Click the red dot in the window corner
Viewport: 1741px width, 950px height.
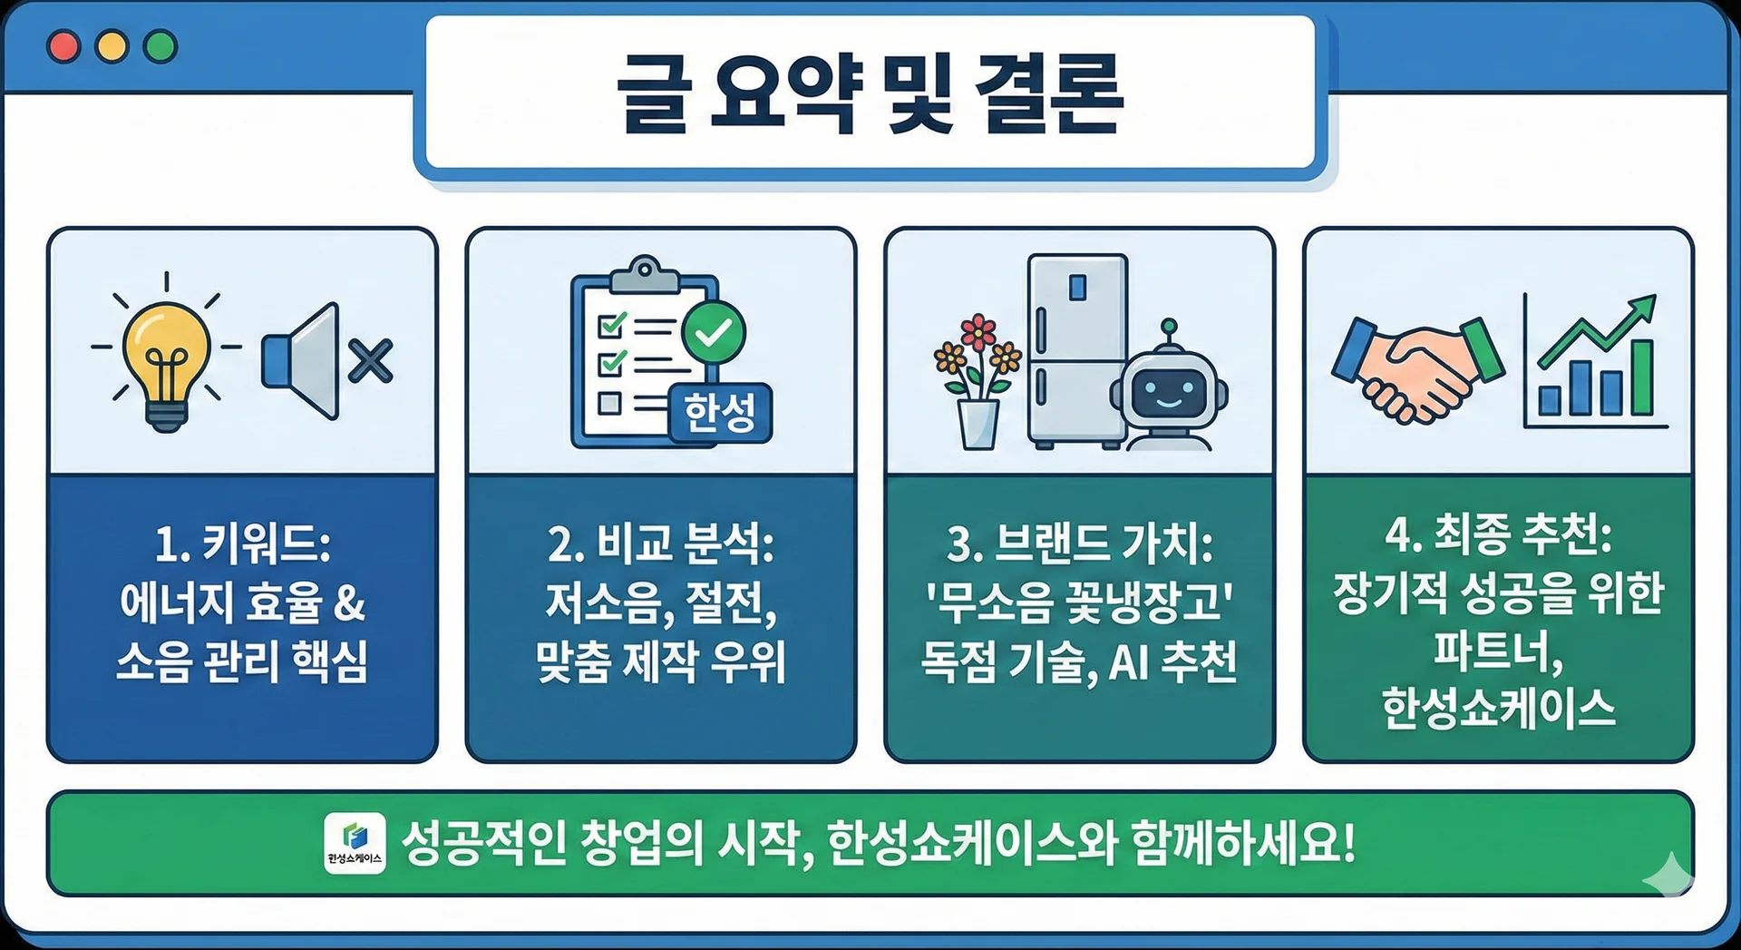(x=63, y=46)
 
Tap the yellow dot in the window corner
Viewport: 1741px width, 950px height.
(x=112, y=46)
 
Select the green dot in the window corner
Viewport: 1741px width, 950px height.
(x=160, y=46)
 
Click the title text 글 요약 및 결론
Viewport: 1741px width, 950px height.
(x=870, y=93)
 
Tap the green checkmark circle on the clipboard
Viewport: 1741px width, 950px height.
(x=714, y=332)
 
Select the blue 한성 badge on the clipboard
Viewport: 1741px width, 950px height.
(x=720, y=414)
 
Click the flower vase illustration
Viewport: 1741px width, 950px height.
(x=977, y=381)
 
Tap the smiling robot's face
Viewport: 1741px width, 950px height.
(x=1169, y=391)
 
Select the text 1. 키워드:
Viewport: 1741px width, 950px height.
(x=242, y=544)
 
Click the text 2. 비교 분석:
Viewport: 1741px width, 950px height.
(x=661, y=544)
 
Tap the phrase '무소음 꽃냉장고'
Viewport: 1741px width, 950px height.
(x=1079, y=602)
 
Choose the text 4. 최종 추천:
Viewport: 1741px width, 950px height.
(x=1498, y=534)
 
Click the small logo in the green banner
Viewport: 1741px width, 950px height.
(x=355, y=843)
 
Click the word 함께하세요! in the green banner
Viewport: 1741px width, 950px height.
(x=1243, y=843)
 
